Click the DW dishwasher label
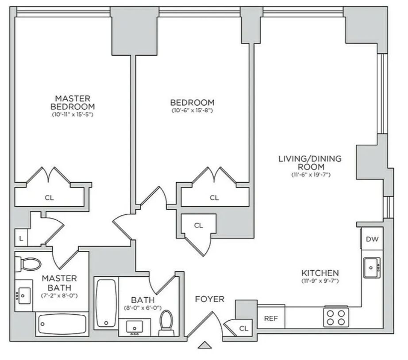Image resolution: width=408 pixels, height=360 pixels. tap(372, 239)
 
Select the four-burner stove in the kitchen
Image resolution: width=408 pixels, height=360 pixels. tap(336, 318)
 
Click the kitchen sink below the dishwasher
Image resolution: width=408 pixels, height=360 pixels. tap(372, 268)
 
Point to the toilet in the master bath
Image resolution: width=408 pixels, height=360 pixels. tap(28, 264)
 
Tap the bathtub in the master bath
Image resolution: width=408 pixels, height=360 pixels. tap(62, 324)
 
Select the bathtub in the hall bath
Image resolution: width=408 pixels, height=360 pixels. tap(106, 303)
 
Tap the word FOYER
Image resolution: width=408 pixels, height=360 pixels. tap(210, 299)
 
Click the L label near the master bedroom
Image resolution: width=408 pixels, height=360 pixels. tap(21, 238)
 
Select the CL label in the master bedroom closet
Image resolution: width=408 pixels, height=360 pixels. tap(49, 198)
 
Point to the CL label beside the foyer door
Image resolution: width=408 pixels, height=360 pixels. tap(243, 329)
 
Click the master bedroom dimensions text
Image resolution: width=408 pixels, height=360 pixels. tap(73, 115)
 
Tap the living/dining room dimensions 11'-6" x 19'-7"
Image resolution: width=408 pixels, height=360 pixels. tap(311, 175)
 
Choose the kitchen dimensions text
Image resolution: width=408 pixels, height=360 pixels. tap(320, 281)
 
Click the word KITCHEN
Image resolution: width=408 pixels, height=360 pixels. tap(320, 273)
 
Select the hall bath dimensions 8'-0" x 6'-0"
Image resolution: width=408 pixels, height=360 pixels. tap(143, 308)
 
